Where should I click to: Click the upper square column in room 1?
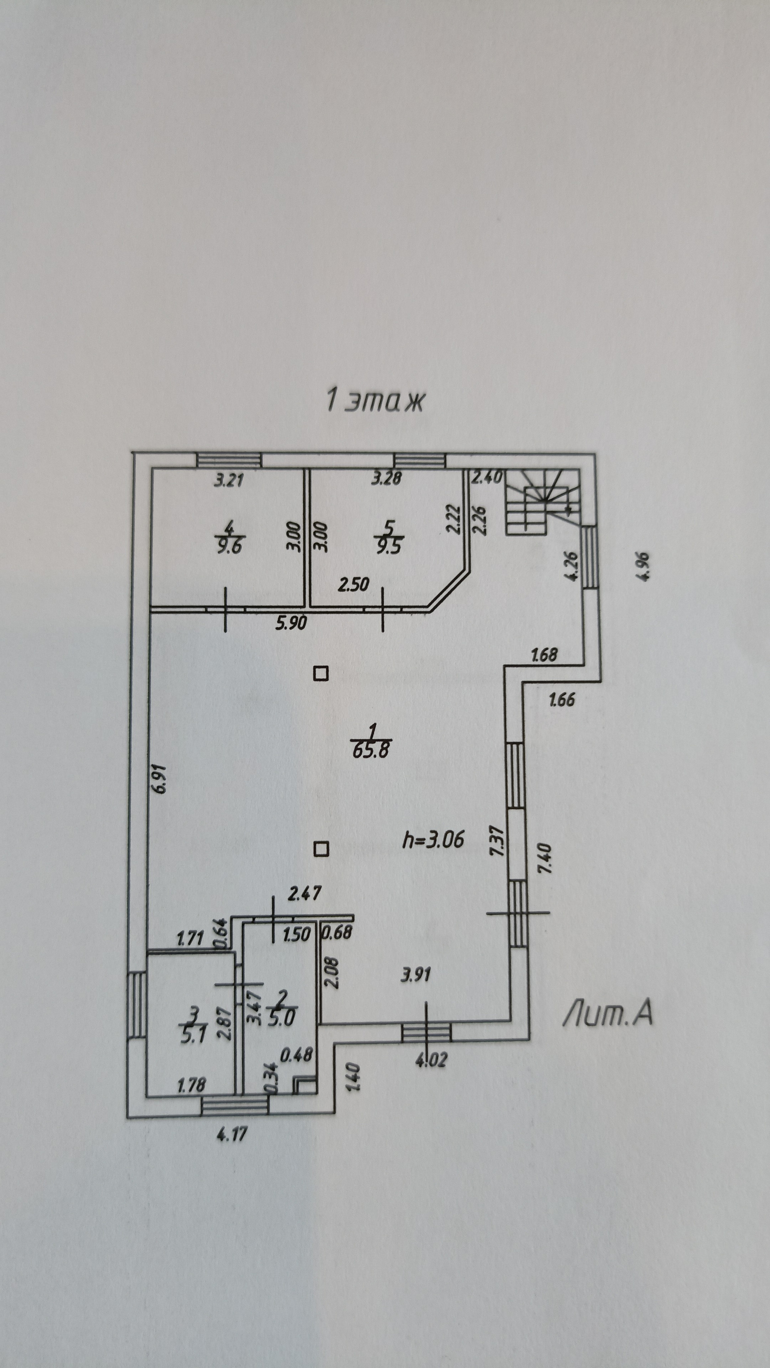[320, 674]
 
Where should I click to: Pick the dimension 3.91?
[415, 974]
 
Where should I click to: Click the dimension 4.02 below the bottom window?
[431, 1059]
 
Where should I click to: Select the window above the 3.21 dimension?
[229, 459]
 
